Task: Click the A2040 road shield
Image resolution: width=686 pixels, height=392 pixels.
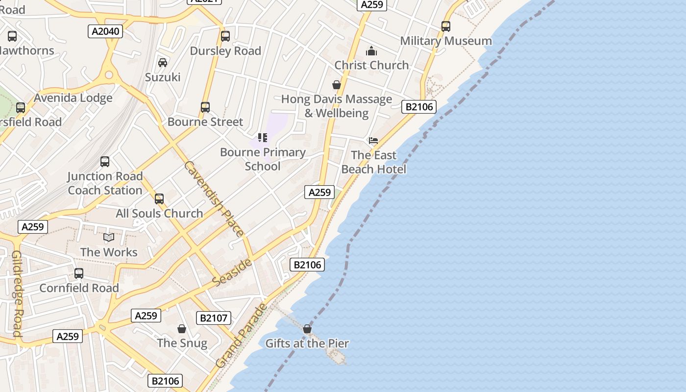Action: coord(105,31)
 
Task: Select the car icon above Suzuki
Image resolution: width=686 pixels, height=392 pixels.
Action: coord(163,63)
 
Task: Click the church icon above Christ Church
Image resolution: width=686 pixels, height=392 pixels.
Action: coord(371,51)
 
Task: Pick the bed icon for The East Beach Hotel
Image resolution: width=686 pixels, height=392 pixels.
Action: coord(373,141)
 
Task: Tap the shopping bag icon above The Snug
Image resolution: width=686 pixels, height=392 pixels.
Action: coord(182,329)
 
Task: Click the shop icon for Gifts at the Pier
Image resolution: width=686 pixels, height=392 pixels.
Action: coord(307,329)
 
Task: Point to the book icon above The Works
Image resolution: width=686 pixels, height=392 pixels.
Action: coord(109,238)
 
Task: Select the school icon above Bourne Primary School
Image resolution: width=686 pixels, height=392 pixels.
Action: coord(263,138)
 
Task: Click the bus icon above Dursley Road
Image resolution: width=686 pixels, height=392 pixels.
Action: coord(225,36)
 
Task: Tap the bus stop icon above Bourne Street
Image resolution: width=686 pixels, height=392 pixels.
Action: coord(205,107)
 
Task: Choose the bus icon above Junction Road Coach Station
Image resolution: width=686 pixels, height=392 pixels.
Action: coord(105,162)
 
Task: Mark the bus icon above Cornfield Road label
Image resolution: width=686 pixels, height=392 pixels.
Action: coord(79,273)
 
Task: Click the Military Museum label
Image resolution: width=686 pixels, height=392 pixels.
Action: coord(446,41)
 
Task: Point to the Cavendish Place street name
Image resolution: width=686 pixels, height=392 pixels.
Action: coord(213,199)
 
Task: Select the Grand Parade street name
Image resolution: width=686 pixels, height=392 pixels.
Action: coord(242,336)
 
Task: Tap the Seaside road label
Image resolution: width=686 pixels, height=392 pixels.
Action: coord(232,272)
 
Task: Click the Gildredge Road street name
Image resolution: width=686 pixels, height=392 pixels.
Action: coord(17,294)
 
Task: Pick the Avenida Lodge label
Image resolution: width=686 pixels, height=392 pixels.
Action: coord(73,98)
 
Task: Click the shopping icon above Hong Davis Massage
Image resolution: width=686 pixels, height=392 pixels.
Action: coord(336,85)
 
